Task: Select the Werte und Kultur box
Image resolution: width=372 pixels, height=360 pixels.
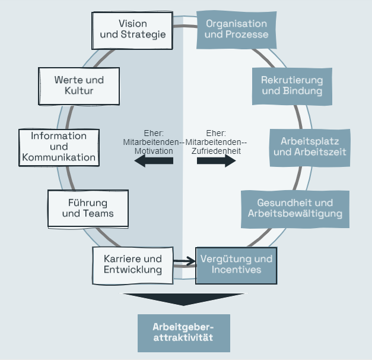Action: coord(79,86)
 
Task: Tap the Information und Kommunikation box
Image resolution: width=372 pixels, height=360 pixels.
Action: coord(58,147)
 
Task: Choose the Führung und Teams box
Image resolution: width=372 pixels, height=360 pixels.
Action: coord(87,208)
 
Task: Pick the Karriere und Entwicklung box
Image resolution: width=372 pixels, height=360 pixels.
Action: coord(132,264)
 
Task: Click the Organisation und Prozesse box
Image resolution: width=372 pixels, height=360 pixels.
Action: coord(236,29)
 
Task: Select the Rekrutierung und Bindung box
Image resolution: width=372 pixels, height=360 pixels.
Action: coord(292,86)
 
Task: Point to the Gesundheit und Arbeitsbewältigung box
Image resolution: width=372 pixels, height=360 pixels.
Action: coord(295,209)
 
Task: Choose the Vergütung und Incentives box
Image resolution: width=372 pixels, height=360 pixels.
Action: coord(236,264)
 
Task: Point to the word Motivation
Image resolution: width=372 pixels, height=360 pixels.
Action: coord(154,151)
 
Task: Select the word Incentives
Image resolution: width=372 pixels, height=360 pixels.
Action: coord(236,270)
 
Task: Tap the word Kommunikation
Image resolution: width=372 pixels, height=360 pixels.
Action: coord(58,157)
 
